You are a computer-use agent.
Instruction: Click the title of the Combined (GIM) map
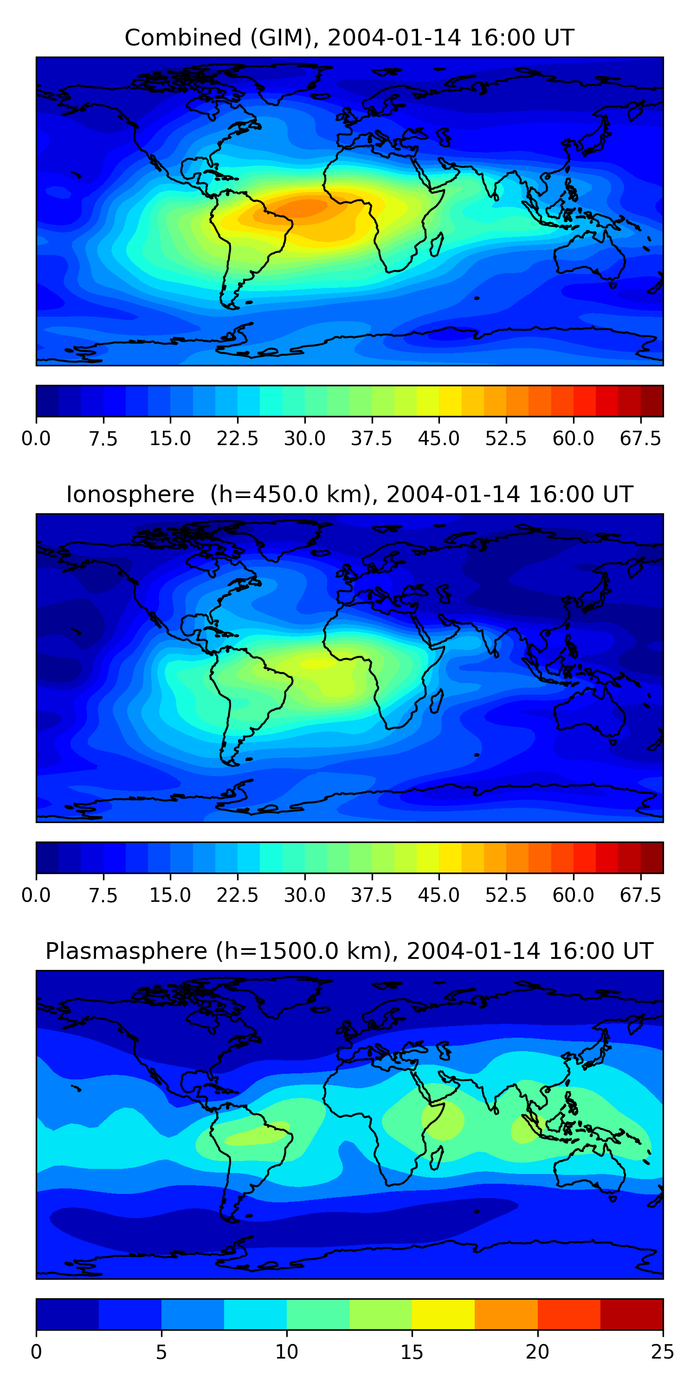pos(349,38)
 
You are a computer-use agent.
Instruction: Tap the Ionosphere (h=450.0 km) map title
pos(349,495)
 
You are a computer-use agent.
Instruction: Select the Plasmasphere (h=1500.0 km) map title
pos(349,951)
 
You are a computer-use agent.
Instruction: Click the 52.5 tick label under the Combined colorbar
pos(505,439)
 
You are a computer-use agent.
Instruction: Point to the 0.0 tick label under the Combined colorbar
pos(36,439)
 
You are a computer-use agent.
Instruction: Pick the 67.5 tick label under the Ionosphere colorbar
pos(640,895)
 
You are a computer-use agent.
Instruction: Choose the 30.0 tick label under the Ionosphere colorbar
pos(304,895)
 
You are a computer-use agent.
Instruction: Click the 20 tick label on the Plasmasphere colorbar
pos(537,1352)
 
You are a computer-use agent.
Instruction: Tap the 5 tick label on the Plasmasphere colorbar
pos(161,1352)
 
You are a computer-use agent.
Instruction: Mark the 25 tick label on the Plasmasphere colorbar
pos(662,1352)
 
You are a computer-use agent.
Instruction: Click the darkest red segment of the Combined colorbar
pos(652,401)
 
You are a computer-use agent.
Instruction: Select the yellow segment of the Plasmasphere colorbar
pos(443,1314)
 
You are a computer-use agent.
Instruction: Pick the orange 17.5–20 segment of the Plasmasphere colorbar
pos(506,1314)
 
